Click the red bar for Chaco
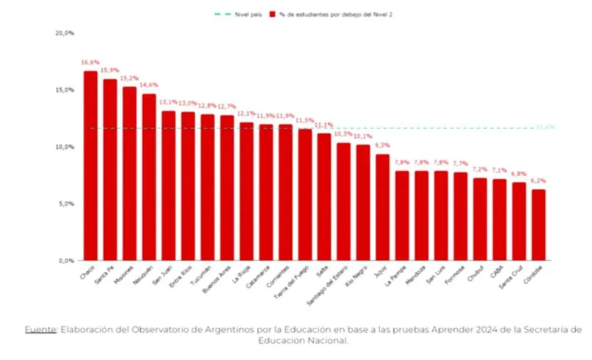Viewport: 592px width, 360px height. pos(90,166)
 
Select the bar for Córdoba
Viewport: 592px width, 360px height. pos(538,224)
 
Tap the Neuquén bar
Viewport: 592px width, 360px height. pos(149,177)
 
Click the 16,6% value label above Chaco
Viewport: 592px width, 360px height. pos(90,63)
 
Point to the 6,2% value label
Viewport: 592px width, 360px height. pos(538,181)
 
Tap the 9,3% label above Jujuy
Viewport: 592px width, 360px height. pos(382,146)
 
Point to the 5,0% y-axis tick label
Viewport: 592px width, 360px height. pos(66,203)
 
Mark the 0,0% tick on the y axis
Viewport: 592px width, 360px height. pos(66,260)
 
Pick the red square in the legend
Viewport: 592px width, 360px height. pos(272,14)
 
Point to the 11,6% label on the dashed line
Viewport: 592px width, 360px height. pos(544,127)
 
